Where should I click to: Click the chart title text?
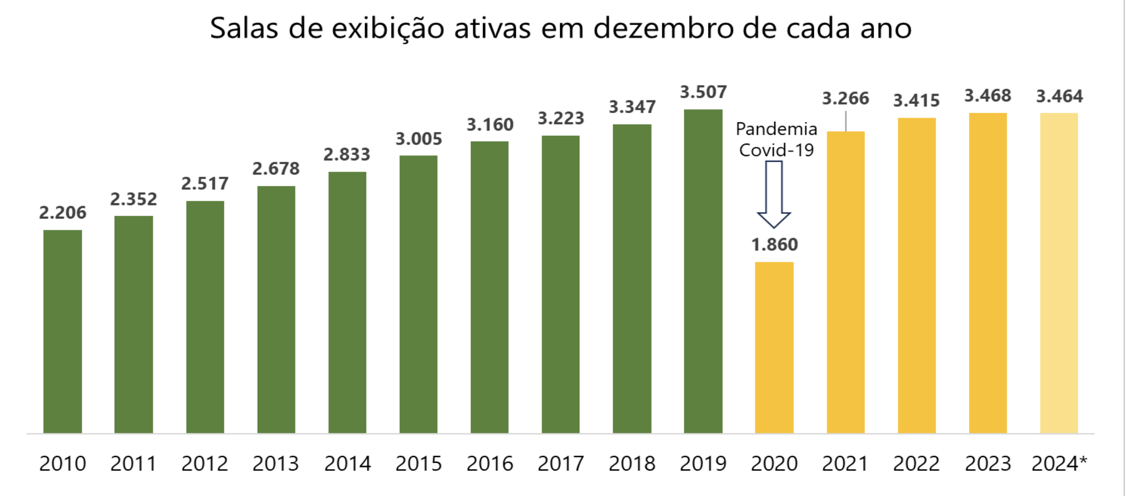pyautogui.click(x=561, y=28)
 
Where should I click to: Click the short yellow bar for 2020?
pyautogui.click(x=774, y=347)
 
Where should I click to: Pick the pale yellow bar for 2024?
pyautogui.click(x=1059, y=273)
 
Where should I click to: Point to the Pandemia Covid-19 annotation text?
pyautogui.click(x=776, y=139)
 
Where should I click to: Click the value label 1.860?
pyautogui.click(x=774, y=245)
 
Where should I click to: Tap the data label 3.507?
pyautogui.click(x=703, y=92)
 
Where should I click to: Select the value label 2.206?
pyautogui.click(x=63, y=212)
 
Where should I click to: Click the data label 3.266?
pyautogui.click(x=845, y=99)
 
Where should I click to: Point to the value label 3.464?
pyautogui.click(x=1059, y=96)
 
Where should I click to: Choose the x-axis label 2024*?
pyautogui.click(x=1059, y=464)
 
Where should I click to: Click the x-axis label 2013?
pyautogui.click(x=276, y=464)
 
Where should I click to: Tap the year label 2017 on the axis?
pyautogui.click(x=561, y=464)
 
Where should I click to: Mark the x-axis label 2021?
pyautogui.click(x=845, y=464)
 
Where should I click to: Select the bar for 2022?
pyautogui.click(x=916, y=275)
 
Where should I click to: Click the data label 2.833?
pyautogui.click(x=347, y=155)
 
